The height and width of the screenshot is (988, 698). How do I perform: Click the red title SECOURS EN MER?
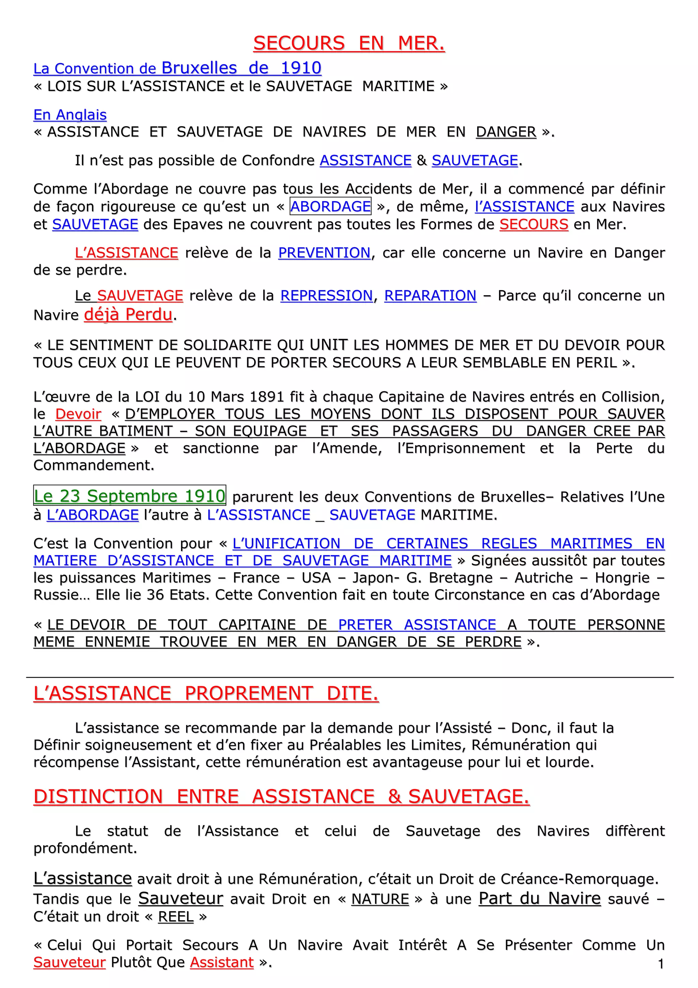click(x=349, y=43)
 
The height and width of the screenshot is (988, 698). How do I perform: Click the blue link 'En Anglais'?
click(x=70, y=115)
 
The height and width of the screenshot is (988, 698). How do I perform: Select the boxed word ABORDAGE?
click(x=330, y=207)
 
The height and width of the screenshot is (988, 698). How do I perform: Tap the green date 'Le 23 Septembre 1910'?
click(x=130, y=496)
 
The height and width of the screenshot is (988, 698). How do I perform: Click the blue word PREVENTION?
click(x=324, y=253)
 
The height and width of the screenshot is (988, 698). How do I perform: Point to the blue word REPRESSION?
click(x=327, y=296)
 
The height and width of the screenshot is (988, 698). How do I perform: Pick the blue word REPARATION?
click(x=430, y=296)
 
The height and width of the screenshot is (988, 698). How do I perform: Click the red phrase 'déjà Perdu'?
click(x=128, y=315)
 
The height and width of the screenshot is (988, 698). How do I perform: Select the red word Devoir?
click(x=78, y=414)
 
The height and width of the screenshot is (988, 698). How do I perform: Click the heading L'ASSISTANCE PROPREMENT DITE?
click(x=206, y=694)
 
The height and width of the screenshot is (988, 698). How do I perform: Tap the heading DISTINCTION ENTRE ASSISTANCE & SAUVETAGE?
click(x=281, y=796)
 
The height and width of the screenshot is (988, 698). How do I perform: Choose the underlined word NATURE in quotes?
click(x=380, y=899)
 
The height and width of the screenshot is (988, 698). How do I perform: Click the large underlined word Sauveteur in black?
click(x=181, y=898)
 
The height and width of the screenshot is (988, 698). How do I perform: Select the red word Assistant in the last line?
click(x=222, y=962)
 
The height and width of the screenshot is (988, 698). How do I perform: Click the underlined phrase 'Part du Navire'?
click(x=539, y=898)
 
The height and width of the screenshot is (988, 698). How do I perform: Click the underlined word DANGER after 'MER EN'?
click(x=506, y=132)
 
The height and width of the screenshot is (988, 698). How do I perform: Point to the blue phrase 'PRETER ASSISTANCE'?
click(x=417, y=625)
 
